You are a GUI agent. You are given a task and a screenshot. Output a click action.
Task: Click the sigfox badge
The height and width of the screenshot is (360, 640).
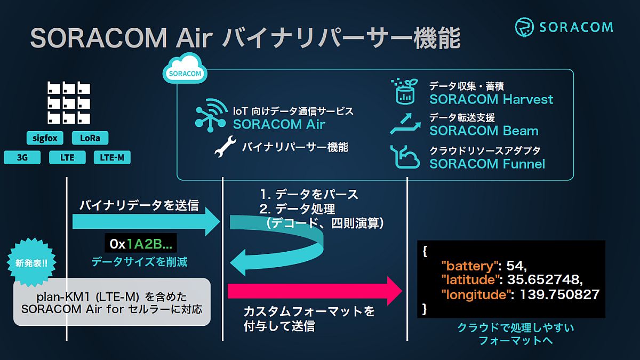coord(45,138)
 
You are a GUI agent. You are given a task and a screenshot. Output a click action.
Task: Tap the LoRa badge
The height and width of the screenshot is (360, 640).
coord(90,138)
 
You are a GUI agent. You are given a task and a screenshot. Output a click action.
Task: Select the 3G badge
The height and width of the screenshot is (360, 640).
coord(22,157)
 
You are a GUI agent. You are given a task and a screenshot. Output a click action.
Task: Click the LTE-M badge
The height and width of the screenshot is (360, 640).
coord(112,157)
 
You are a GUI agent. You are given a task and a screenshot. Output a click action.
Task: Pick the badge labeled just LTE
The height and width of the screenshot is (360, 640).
coord(67,157)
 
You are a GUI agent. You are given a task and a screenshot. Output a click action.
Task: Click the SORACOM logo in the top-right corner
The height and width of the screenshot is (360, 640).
coord(564,27)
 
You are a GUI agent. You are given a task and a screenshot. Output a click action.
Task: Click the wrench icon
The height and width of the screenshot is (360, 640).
coord(225,147)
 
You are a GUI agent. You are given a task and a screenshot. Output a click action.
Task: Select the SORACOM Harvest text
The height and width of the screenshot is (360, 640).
coord(491,99)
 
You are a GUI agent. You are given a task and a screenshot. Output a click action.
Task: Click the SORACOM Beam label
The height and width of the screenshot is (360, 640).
coord(484,131)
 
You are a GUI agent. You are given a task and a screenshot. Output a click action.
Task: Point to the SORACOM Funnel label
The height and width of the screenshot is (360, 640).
coord(487,164)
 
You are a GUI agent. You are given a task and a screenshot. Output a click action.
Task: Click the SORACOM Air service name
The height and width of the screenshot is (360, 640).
coord(279,125)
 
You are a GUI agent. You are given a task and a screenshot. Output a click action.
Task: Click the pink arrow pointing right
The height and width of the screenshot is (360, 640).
coord(315,291)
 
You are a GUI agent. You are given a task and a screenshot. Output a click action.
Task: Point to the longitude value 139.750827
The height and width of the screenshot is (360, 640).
coord(559,294)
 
